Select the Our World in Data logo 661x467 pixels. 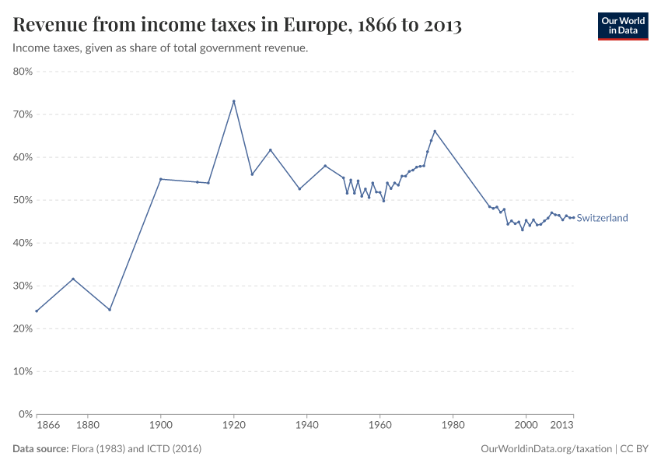pos(622,26)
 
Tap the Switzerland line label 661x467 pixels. pos(602,218)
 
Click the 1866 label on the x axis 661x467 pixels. pos(48,426)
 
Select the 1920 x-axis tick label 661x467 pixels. pos(233,426)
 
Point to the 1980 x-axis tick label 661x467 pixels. pos(453,426)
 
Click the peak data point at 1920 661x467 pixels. pos(233,101)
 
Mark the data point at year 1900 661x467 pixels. pos(160,179)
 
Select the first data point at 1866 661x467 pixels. pos(37,311)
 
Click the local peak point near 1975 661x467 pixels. pos(435,131)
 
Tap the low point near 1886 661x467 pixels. pos(110,310)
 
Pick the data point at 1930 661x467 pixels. pos(270,150)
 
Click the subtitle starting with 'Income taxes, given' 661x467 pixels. pos(160,48)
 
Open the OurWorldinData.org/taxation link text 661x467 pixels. pos(546,449)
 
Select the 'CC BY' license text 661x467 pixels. pos(634,449)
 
